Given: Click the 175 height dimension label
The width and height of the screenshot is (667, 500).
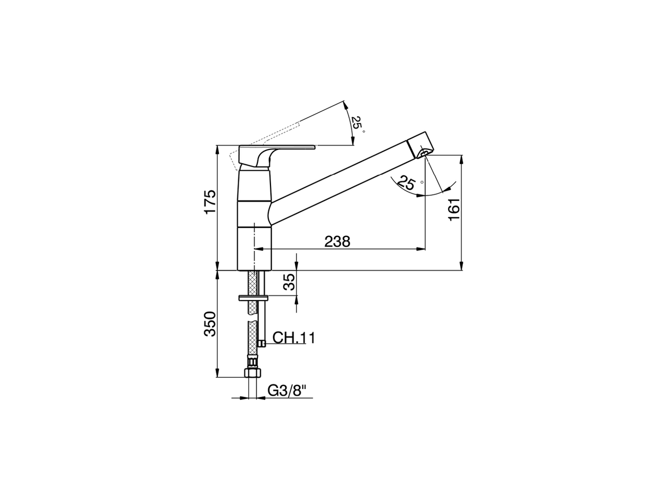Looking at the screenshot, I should (x=209, y=202).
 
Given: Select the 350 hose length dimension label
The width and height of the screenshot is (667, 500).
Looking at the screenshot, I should (x=209, y=324).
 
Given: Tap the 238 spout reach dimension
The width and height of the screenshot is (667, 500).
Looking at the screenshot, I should (x=338, y=242).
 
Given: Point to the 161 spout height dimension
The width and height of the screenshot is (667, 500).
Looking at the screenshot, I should (x=454, y=209).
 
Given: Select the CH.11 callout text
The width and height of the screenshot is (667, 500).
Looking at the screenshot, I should (x=293, y=339).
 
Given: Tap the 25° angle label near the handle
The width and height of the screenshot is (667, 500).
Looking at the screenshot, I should (x=357, y=123).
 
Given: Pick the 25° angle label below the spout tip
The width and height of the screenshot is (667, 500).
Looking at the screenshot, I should (x=406, y=183).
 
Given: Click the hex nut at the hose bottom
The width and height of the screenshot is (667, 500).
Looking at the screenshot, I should (x=252, y=373).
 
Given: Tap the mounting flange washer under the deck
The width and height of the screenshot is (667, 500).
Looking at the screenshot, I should (x=253, y=298).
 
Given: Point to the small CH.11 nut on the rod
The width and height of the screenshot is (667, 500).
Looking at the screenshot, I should (x=262, y=343).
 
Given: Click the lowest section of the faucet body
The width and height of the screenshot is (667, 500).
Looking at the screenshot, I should (x=255, y=248).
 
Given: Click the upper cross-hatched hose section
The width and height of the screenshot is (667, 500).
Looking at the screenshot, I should (x=252, y=284).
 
